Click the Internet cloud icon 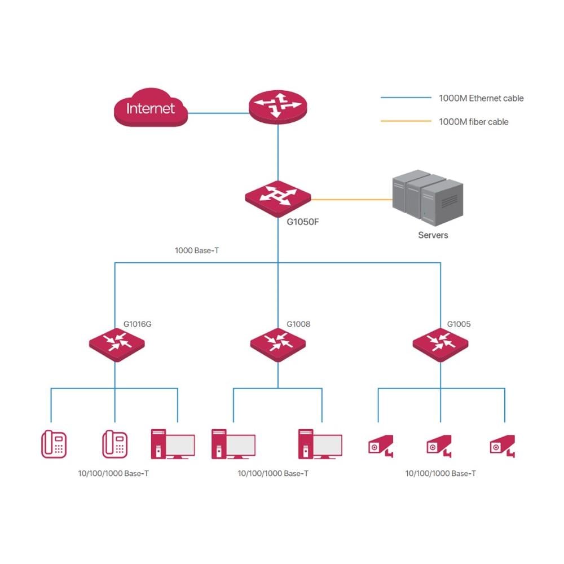click(x=150, y=107)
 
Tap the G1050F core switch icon click(x=277, y=198)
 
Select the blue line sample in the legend click(x=405, y=98)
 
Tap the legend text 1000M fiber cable click(x=473, y=121)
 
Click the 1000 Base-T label click(x=197, y=249)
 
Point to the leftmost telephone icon click(x=54, y=443)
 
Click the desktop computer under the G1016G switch click(x=173, y=444)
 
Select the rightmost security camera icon click(x=502, y=445)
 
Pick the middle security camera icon click(x=439, y=445)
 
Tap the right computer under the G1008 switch click(x=320, y=444)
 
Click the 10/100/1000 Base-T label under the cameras click(x=440, y=474)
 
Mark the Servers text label click(x=433, y=235)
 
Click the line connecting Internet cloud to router click(x=218, y=112)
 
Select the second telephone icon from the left click(x=115, y=443)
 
